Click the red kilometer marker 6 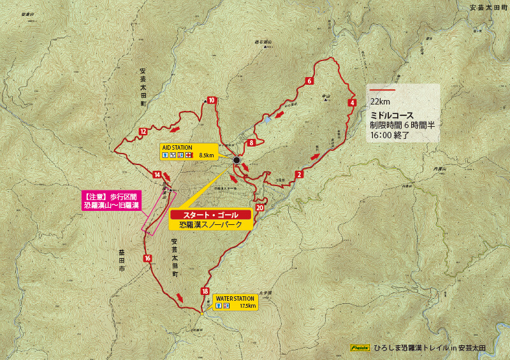tap(309, 81)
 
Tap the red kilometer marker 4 tap(352, 103)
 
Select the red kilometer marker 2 tap(299, 174)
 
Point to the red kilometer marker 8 tap(252, 143)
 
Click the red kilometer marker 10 tap(211, 100)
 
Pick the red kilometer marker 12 tap(143, 132)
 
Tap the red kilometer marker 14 tap(157, 175)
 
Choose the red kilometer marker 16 tap(147, 258)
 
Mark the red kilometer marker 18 tap(205, 291)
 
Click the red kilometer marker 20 tap(259, 208)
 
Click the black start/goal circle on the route tap(237, 160)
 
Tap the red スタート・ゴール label tap(210, 215)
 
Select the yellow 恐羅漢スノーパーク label tap(210, 225)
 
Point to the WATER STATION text tap(235, 298)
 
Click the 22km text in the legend tap(380, 101)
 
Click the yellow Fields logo tap(361, 348)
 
